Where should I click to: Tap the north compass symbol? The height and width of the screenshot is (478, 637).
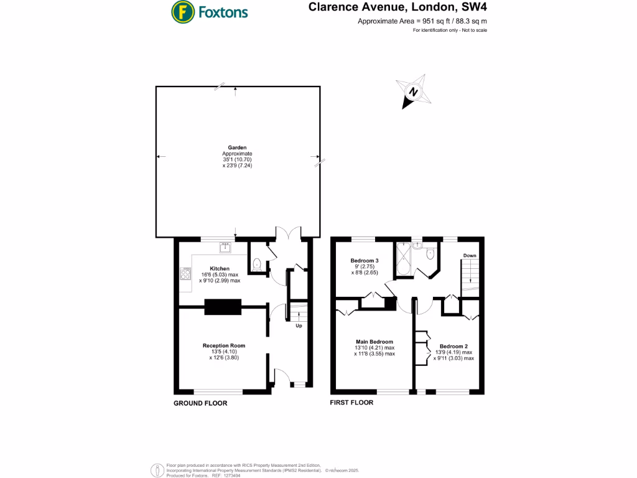[x=412, y=92]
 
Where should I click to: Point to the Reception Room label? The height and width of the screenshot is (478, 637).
[x=223, y=345]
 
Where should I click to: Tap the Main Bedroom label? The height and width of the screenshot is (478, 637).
[x=374, y=342]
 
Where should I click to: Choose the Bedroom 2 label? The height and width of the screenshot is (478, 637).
[x=453, y=346]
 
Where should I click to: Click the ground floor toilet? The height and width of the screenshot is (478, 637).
[x=257, y=263]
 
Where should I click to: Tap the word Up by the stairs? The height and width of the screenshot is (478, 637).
[x=299, y=326]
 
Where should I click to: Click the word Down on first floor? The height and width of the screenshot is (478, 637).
[x=469, y=255]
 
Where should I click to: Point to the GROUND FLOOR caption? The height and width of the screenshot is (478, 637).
[x=200, y=403]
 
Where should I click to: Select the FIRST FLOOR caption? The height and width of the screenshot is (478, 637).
[x=351, y=403]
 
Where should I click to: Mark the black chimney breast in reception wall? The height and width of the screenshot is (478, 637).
[x=222, y=306]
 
